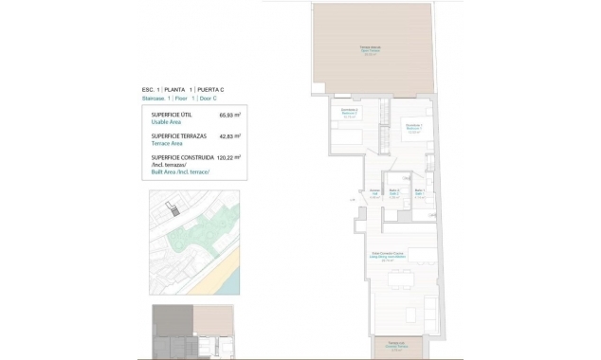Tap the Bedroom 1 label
click(x=413, y=128)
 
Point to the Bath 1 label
click(x=418, y=193)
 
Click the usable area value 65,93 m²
click(x=229, y=115)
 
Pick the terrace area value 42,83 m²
click(x=229, y=136)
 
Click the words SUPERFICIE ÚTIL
click(x=171, y=115)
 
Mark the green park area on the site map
click(x=204, y=232)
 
